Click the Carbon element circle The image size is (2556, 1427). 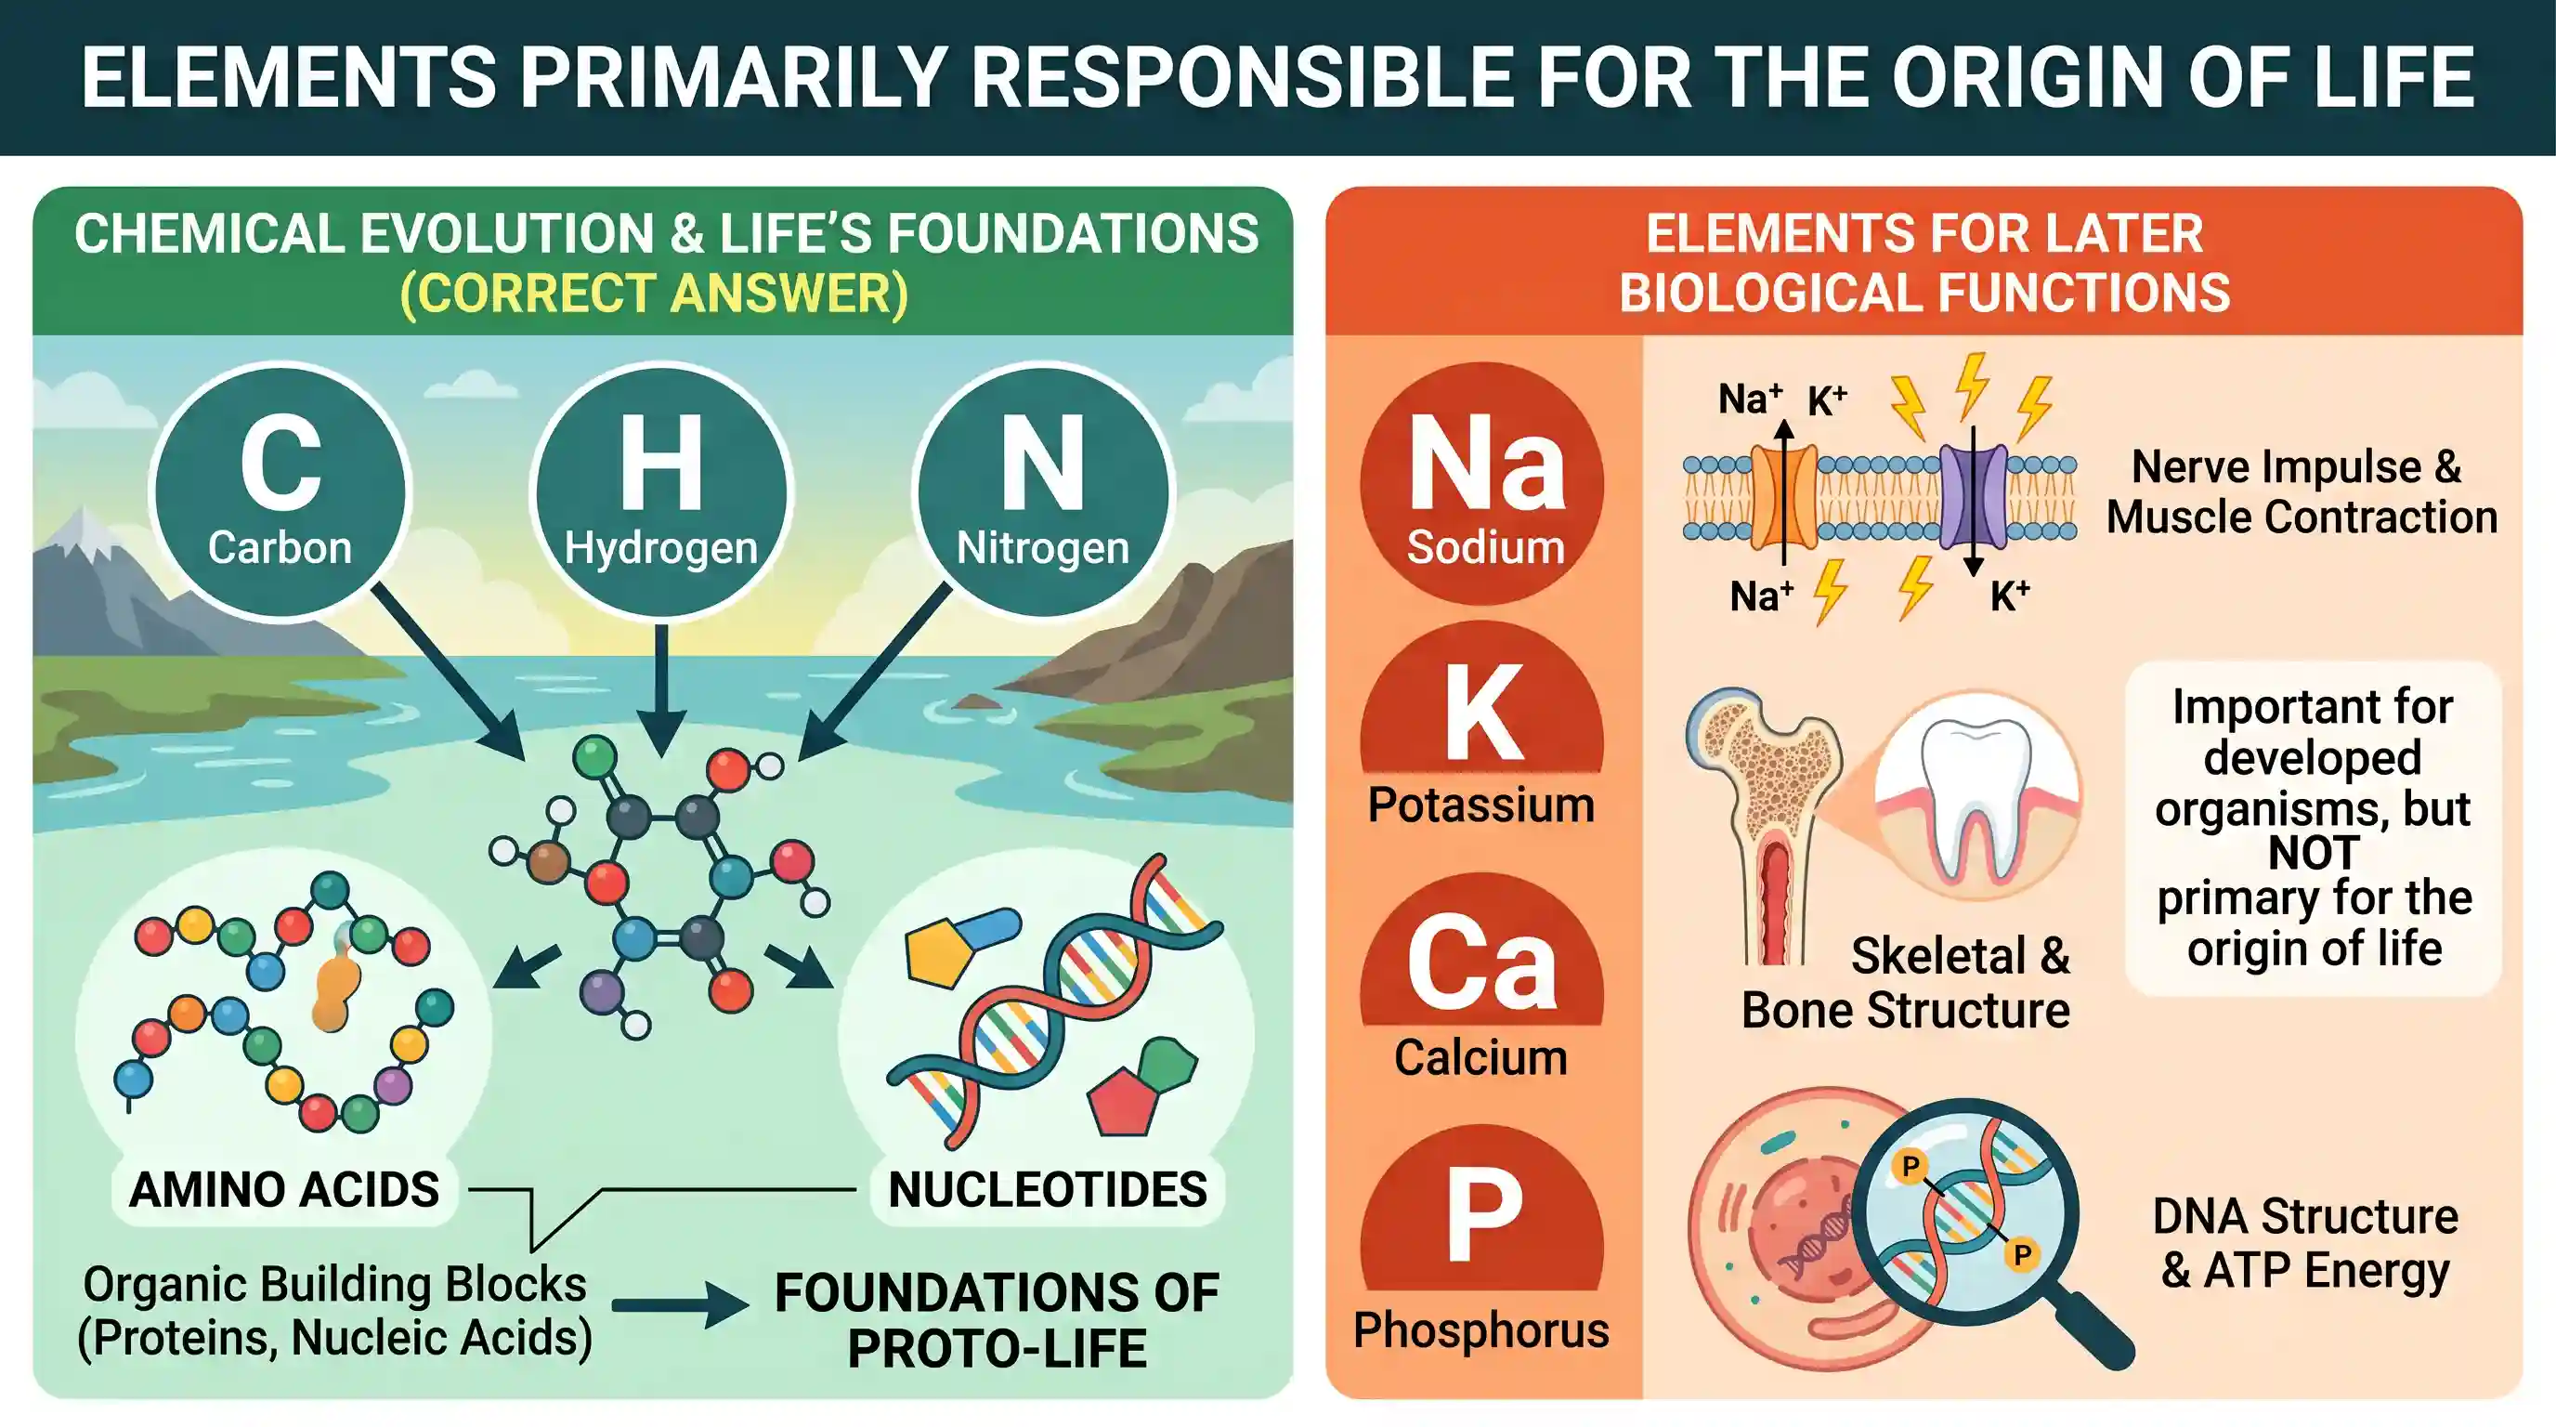point(280,491)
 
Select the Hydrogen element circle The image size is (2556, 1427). point(661,491)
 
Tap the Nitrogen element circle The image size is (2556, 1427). point(1043,491)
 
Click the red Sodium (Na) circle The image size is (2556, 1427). point(1481,483)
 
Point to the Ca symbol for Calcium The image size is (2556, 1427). point(1481,962)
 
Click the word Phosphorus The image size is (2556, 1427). point(1481,1329)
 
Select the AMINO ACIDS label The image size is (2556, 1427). point(285,1190)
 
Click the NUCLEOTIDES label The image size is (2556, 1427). point(1048,1190)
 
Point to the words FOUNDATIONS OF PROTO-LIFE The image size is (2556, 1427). point(998,1321)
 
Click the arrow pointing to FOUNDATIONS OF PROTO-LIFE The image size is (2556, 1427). point(680,1305)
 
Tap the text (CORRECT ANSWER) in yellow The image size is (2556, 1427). point(654,294)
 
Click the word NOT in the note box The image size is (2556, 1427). point(2314,854)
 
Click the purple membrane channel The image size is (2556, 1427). point(1973,496)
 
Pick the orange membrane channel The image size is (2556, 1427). point(1784,496)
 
